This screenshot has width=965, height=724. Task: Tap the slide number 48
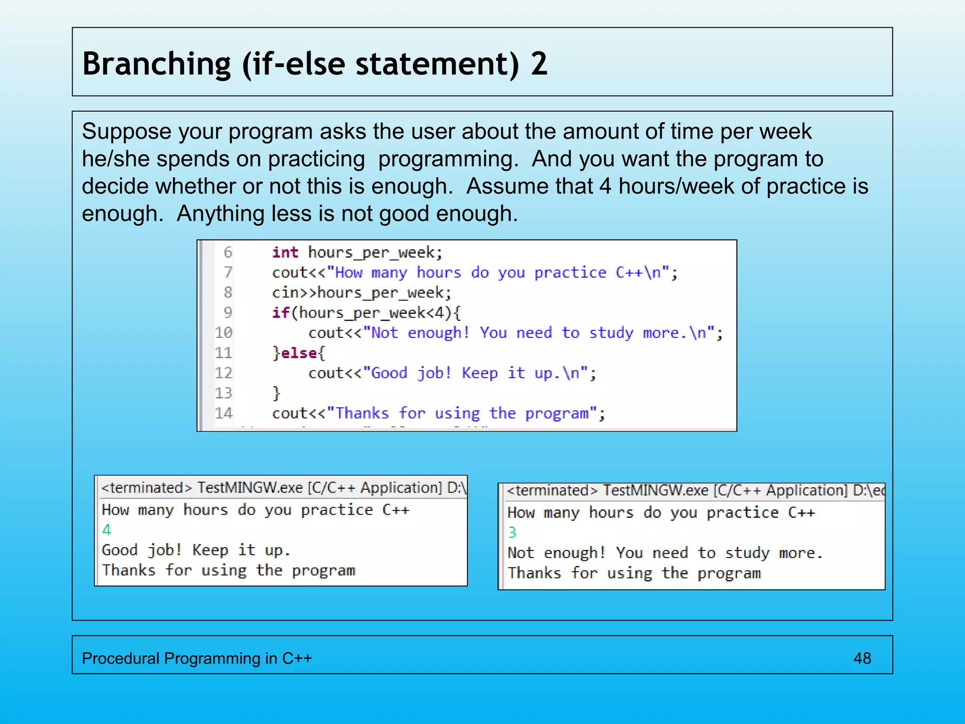(862, 658)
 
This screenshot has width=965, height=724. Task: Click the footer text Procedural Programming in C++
(196, 658)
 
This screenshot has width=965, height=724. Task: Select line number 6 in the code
(228, 252)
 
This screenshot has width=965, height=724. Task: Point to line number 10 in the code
(224, 333)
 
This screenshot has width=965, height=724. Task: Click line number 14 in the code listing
(224, 413)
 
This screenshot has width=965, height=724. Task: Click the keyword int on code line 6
(285, 252)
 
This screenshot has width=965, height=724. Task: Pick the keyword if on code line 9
(280, 313)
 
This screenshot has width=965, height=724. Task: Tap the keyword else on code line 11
(299, 353)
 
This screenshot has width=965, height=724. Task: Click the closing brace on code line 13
(277, 393)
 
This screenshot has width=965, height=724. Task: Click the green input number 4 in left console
(107, 530)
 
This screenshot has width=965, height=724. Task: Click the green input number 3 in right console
(512, 533)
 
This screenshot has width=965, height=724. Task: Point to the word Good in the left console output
(120, 550)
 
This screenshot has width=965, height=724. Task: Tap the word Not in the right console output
(521, 553)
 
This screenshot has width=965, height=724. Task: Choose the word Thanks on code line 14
(362, 413)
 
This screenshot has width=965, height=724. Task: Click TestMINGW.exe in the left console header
(250, 487)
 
